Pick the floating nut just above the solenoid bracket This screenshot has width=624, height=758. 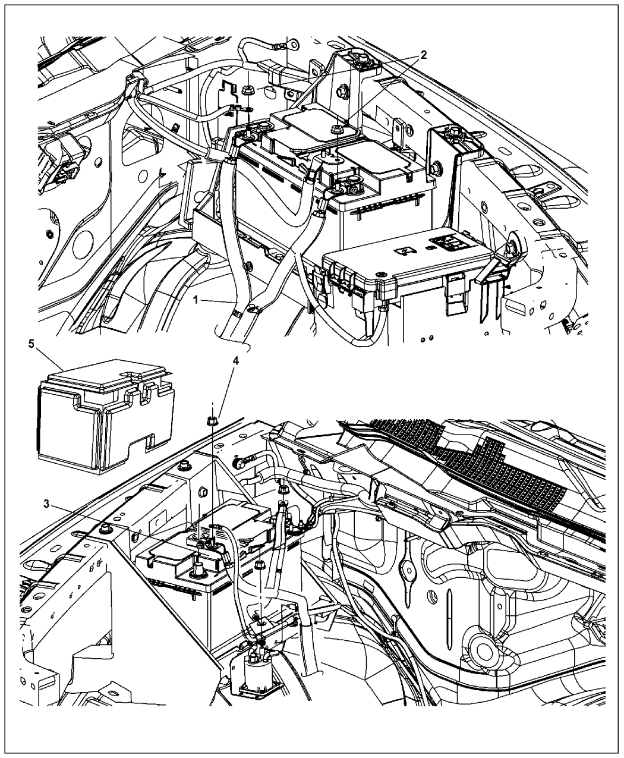[259, 562]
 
